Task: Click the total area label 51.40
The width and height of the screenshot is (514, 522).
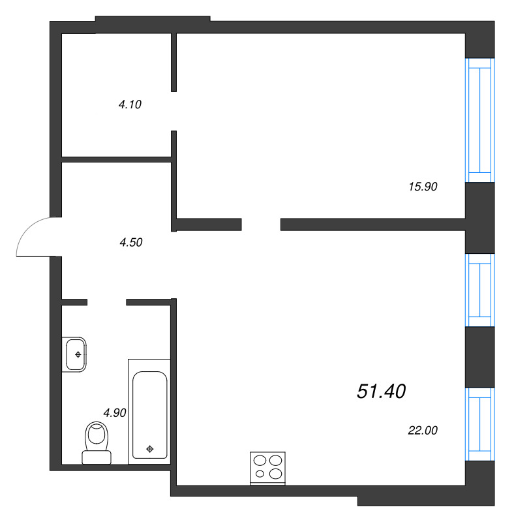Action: click(x=382, y=391)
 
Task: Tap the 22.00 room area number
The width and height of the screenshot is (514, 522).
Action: click(x=422, y=430)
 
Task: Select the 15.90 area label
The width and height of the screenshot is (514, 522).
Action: click(x=422, y=187)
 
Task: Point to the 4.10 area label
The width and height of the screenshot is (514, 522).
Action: click(x=130, y=104)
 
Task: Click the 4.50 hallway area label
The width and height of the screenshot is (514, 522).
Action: click(x=130, y=243)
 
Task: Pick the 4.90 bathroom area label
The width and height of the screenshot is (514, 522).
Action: click(x=114, y=412)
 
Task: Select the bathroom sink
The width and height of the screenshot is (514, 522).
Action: click(x=75, y=354)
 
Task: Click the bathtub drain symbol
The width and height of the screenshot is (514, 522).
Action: click(x=151, y=448)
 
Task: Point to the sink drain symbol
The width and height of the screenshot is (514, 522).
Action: click(x=78, y=354)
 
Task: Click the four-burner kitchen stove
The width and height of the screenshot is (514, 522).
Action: click(x=268, y=468)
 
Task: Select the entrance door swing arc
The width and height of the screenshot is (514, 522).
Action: click(x=33, y=236)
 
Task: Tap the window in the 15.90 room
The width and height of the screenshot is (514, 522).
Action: click(x=479, y=120)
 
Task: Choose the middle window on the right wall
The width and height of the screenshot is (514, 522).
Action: click(x=479, y=289)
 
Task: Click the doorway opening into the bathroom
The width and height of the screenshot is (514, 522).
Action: click(x=106, y=302)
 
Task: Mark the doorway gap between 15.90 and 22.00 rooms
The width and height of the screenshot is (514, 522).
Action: click(x=261, y=224)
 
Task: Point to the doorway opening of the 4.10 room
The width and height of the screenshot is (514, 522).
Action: click(x=174, y=111)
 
